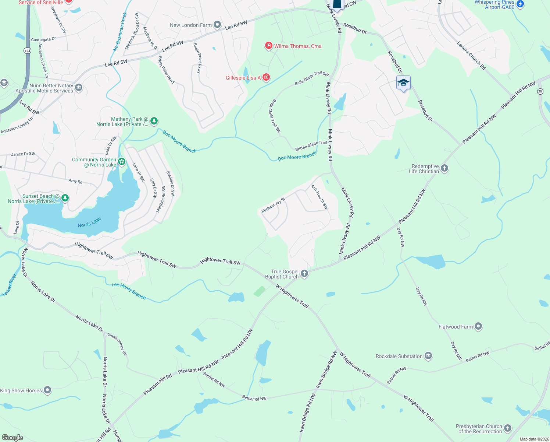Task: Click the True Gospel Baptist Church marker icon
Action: [304, 273]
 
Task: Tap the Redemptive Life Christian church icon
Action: [444, 169]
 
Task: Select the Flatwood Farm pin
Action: [478, 326]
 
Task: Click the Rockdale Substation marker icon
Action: [428, 356]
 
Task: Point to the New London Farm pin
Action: [217, 25]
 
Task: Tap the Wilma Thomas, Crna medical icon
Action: [269, 46]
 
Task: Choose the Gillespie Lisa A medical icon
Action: [266, 77]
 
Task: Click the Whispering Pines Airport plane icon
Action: [520, 4]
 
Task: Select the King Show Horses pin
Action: [47, 390]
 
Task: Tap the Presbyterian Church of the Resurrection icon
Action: [508, 428]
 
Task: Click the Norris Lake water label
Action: [89, 222]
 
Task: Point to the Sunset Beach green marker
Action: [65, 198]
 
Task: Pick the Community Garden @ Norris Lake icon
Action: [122, 161]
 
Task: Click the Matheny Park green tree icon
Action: [154, 121]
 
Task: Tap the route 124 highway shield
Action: [27, 50]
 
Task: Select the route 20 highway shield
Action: [540, 91]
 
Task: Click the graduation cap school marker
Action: [403, 83]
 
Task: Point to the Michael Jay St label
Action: [273, 206]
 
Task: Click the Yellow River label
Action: [9, 285]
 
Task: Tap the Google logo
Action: [12, 437]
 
